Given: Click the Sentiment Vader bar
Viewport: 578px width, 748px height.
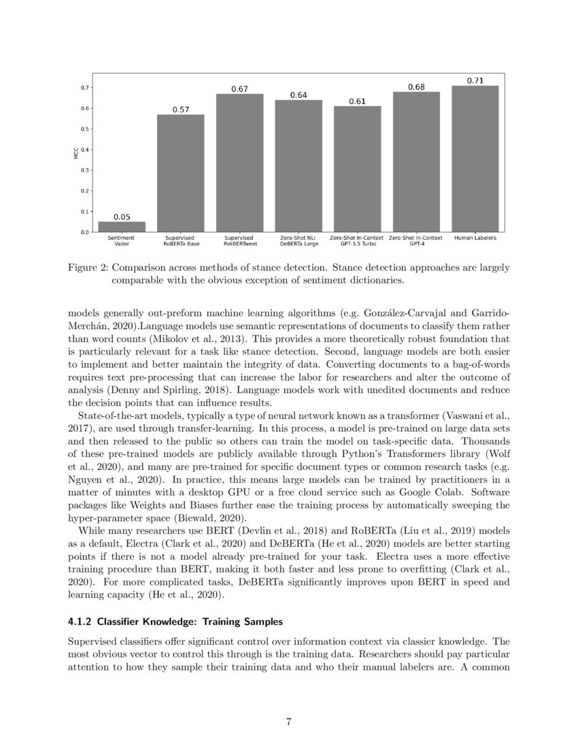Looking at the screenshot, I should point(122,226).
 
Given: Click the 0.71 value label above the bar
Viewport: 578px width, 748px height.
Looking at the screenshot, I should point(475,81).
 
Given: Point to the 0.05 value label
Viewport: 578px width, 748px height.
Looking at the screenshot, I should point(122,217).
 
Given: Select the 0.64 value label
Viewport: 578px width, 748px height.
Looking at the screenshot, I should point(299,95).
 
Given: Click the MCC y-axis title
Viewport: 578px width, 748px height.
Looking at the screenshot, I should point(76,154).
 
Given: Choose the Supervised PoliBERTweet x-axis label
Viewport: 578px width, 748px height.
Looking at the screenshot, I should point(239,240).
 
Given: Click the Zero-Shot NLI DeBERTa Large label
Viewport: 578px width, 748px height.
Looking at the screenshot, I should point(299,240).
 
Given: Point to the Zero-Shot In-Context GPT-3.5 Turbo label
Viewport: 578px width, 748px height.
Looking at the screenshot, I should point(357,240).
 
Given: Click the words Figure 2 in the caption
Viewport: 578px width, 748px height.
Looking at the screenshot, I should point(88,268).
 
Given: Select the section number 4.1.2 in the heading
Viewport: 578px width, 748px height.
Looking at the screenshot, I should point(82,622).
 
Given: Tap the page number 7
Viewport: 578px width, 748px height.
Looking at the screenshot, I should point(289,722).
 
